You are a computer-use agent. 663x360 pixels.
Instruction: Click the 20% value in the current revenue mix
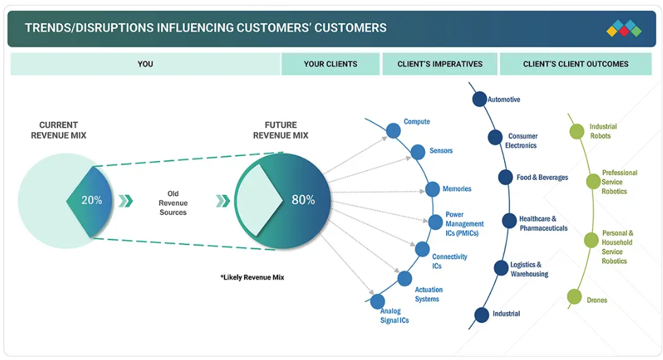click(92, 200)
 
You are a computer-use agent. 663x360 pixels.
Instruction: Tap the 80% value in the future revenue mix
click(303, 200)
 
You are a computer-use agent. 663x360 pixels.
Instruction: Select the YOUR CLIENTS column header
click(330, 64)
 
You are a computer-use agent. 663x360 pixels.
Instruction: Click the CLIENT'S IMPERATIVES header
click(440, 64)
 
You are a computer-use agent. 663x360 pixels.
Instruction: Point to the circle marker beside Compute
click(394, 130)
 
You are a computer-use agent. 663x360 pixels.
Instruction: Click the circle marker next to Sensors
click(417, 152)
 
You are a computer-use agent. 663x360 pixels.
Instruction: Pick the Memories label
click(456, 189)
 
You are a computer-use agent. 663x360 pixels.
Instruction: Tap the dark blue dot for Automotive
click(480, 100)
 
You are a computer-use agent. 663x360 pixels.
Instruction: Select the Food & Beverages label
click(542, 177)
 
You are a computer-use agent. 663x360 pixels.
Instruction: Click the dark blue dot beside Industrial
click(482, 315)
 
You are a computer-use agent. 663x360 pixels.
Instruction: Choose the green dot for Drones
click(574, 297)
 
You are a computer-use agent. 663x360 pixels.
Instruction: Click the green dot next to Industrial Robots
click(577, 132)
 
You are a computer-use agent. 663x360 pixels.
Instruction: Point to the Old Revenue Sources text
click(173, 202)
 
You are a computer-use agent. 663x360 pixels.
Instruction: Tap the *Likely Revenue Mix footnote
click(252, 277)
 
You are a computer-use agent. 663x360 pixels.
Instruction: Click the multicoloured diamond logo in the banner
click(623, 29)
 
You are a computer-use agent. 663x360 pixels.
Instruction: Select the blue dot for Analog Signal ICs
click(377, 301)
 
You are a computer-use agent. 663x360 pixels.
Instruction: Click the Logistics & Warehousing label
click(529, 269)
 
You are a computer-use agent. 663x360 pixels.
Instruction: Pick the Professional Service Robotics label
click(619, 182)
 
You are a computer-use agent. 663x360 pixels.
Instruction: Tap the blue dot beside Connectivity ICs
click(422, 250)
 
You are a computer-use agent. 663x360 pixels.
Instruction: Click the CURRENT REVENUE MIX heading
click(59, 130)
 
